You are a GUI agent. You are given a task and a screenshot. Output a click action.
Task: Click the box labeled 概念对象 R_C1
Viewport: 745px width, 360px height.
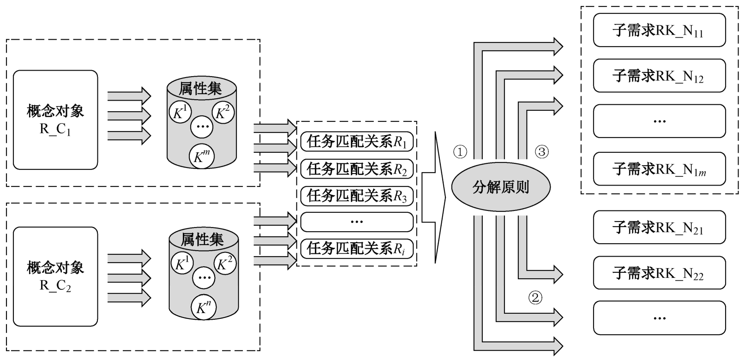(55, 120)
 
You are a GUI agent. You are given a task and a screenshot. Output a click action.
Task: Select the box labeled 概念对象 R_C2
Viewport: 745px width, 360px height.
(55, 276)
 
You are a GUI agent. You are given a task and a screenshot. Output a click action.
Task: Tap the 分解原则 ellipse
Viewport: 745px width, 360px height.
(500, 187)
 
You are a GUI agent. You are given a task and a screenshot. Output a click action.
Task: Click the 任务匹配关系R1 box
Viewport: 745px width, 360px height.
(357, 142)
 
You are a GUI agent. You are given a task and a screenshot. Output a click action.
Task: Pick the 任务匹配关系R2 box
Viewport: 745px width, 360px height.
(357, 169)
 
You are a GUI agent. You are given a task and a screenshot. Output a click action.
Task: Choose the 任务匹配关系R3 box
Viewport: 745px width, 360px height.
(357, 196)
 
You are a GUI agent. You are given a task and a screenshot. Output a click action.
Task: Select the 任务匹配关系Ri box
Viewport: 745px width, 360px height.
(357, 249)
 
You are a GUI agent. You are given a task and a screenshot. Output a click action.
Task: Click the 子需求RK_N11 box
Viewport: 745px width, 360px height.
(659, 30)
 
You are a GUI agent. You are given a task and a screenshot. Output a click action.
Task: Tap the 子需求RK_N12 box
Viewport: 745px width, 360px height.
(659, 75)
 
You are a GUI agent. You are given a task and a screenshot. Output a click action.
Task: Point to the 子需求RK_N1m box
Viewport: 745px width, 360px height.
(659, 168)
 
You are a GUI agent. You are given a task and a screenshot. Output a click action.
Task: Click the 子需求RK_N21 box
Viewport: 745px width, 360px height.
(659, 227)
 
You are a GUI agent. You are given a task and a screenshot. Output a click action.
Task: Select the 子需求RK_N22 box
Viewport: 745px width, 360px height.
(659, 273)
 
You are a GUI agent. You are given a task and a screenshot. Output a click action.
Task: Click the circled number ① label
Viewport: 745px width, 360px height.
(460, 152)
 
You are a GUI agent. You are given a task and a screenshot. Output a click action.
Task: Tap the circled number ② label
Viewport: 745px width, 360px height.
(535, 298)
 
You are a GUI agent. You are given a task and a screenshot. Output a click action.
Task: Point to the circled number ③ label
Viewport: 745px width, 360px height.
(541, 151)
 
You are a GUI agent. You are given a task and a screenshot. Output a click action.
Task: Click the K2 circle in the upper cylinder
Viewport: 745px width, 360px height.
(224, 112)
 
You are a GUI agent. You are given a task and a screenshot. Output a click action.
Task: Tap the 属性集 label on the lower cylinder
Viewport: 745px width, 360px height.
(202, 239)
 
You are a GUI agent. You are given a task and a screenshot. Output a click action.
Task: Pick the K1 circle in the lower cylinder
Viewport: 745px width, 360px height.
(181, 264)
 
